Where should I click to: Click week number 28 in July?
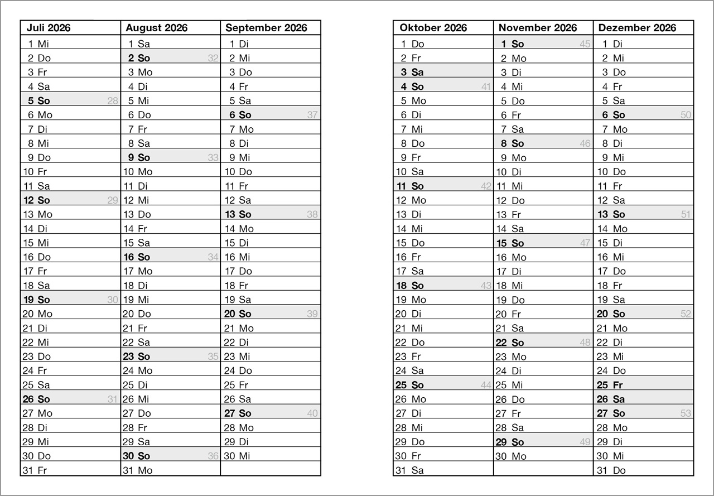click(x=113, y=101)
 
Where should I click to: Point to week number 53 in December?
click(x=686, y=413)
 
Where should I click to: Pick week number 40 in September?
click(x=312, y=413)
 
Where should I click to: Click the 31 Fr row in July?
click(x=35, y=470)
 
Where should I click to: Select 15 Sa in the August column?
click(x=137, y=243)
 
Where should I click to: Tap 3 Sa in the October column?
click(x=412, y=72)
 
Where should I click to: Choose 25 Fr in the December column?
click(x=610, y=385)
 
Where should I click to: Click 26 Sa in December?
click(x=610, y=399)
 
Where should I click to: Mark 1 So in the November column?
click(x=512, y=44)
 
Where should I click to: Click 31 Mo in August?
click(x=137, y=470)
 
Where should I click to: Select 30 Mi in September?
click(x=237, y=456)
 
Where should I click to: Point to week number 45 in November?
click(x=585, y=44)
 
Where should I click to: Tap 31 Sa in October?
click(x=409, y=470)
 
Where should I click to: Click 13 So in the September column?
click(x=238, y=214)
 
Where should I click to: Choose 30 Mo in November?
click(x=511, y=456)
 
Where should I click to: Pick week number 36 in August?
click(x=213, y=456)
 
